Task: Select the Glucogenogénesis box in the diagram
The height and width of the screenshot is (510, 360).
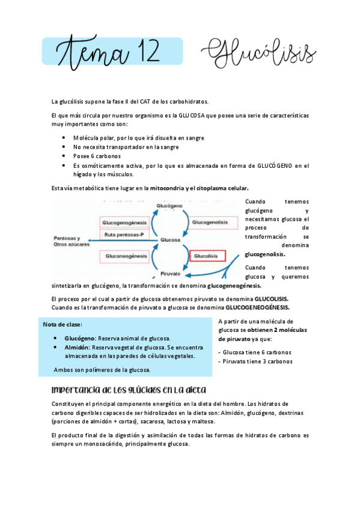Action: coord(125,223)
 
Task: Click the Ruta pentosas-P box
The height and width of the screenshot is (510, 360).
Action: coord(125,235)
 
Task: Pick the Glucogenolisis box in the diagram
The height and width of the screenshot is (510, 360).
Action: coord(210,223)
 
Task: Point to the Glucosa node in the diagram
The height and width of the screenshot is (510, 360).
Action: coord(170,240)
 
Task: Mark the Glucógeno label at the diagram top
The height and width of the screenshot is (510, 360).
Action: coord(170,206)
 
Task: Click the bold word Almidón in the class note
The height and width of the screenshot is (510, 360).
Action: coord(78,347)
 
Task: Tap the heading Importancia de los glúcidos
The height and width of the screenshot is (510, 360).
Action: coord(129,389)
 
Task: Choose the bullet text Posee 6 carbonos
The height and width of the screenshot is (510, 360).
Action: coord(97,156)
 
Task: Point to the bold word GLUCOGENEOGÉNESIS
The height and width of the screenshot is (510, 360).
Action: coord(257,307)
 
